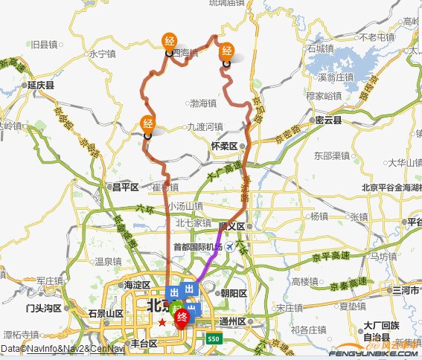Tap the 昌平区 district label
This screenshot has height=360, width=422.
point(125,187)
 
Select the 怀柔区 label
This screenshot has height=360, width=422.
point(224,147)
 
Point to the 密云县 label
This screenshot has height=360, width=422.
point(327,120)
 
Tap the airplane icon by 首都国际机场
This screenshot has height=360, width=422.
point(230,246)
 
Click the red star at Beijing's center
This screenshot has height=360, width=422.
point(162,321)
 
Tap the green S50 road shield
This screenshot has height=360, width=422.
point(214,338)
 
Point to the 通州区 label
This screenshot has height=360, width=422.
point(237,321)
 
